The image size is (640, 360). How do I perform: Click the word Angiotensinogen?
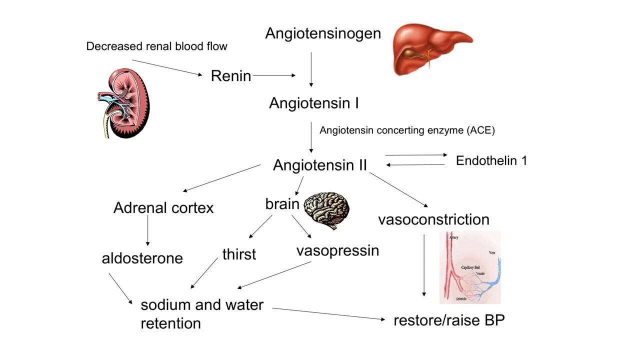click(x=322, y=33)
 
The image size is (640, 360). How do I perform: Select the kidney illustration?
click(x=122, y=103)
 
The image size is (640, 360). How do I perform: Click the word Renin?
click(x=230, y=76)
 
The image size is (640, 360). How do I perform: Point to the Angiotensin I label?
click(x=313, y=103)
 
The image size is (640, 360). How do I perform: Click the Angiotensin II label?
click(x=320, y=165)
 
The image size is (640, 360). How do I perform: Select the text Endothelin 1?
click(x=491, y=160)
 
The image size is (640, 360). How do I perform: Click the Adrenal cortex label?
click(x=163, y=208)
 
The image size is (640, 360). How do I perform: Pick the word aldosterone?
click(x=142, y=258)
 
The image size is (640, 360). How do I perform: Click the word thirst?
click(x=239, y=254)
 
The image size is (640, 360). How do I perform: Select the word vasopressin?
click(x=337, y=250)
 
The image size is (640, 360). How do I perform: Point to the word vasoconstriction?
click(x=433, y=219)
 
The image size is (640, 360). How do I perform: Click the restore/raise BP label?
click(x=449, y=320)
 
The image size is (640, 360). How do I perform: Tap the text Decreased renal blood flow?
click(x=156, y=46)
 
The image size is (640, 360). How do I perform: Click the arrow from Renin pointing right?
click(x=274, y=76)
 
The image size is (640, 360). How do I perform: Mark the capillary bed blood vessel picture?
click(x=470, y=267)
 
